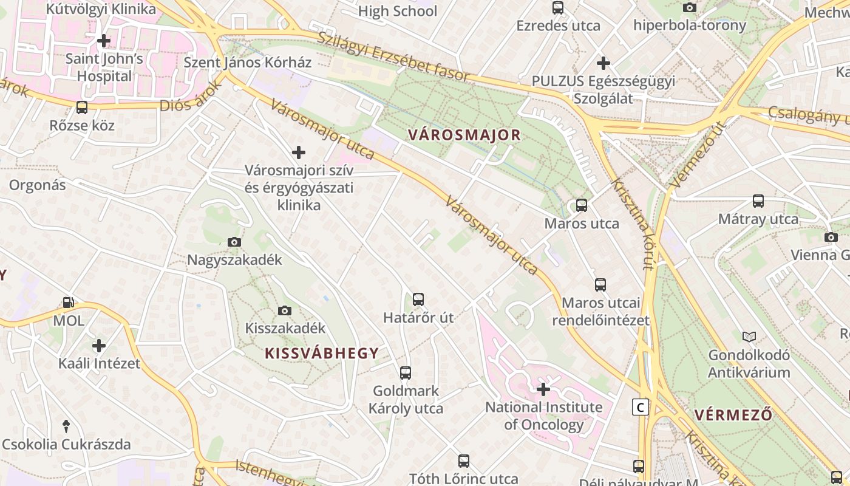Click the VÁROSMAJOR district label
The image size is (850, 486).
464,135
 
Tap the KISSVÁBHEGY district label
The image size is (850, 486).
322,353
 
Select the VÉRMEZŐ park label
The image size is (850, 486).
733,415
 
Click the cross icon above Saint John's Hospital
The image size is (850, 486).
104,41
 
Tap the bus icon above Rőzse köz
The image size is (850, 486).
81,108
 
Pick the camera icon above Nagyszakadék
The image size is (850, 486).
234,242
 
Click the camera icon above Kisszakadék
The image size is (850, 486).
285,310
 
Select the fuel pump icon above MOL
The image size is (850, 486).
69,302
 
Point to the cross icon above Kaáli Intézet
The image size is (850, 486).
99,346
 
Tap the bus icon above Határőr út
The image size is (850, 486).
418,299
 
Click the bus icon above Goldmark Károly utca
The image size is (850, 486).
406,372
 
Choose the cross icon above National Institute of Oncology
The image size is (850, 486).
543,389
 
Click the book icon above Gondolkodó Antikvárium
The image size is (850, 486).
749,337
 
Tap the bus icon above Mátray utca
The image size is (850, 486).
758,200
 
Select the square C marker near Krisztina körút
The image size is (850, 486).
641,406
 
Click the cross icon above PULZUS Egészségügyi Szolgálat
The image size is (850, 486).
603,63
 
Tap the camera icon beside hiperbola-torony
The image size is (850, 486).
689,7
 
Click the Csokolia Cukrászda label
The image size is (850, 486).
66,444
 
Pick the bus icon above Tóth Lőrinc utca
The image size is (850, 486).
464,460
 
